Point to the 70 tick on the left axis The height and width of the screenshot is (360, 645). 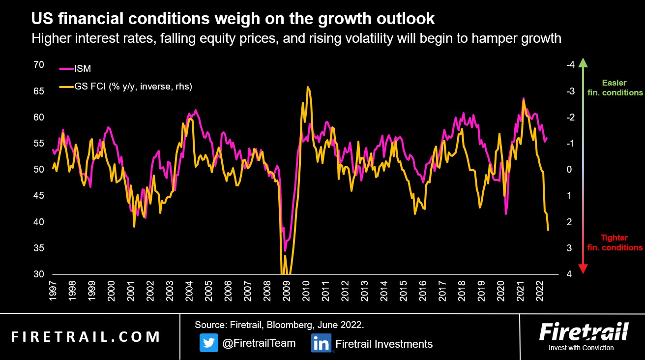[39, 65]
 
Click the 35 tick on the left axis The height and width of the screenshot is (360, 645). [39, 248]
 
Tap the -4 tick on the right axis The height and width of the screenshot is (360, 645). [570, 65]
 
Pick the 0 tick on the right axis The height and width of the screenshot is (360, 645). [570, 170]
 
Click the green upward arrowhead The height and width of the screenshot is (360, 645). [583, 63]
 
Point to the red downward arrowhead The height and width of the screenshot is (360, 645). [583, 269]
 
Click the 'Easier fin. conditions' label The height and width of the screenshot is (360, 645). [615, 88]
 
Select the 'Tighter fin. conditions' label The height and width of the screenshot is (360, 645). [615, 242]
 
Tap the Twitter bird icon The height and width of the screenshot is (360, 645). [208, 343]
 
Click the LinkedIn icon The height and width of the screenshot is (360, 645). [321, 343]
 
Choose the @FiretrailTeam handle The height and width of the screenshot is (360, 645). [259, 343]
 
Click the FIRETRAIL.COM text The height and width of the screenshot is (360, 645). [86, 337]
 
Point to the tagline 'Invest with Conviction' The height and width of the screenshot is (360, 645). [581, 348]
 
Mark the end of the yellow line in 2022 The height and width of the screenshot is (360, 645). [548, 230]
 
